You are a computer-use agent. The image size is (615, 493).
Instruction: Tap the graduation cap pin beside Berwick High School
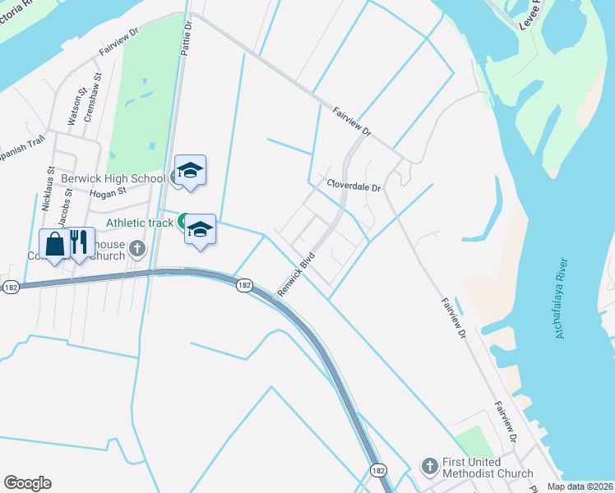point(190,171)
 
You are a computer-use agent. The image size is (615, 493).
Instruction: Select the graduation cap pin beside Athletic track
point(200,229)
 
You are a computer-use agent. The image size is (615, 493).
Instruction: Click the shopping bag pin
point(54,244)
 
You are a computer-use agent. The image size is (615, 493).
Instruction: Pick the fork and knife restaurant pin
point(79,244)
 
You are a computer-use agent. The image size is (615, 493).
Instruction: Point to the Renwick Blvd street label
point(296,274)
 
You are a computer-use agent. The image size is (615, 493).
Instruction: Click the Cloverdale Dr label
point(354,186)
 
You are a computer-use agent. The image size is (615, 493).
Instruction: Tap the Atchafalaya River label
point(562,297)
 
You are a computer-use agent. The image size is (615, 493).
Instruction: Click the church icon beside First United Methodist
point(429,467)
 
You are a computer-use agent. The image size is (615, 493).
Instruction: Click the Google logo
point(27,482)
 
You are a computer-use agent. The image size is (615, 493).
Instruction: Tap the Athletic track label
point(140,223)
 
